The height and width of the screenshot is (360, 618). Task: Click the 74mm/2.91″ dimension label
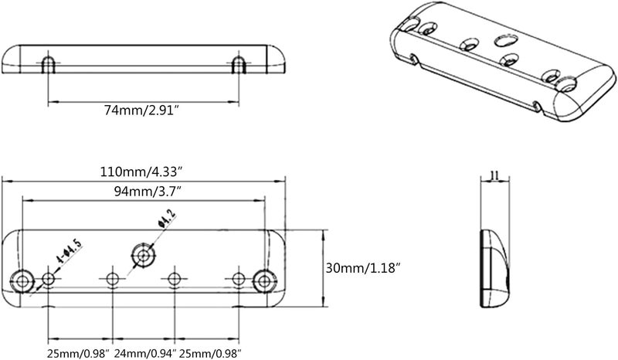tap(141, 110)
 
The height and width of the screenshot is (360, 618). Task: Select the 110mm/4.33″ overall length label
tap(141, 172)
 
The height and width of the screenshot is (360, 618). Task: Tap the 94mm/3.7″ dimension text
tap(148, 192)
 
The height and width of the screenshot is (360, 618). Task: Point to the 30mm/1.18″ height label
tap(363, 269)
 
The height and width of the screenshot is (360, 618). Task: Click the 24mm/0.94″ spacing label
tap(144, 353)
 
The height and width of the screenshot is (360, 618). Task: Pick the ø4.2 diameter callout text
tap(166, 219)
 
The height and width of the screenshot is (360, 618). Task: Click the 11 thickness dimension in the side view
tap(495, 175)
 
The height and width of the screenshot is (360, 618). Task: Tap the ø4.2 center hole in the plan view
tap(143, 255)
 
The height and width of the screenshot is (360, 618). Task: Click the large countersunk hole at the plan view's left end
tap(22, 281)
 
